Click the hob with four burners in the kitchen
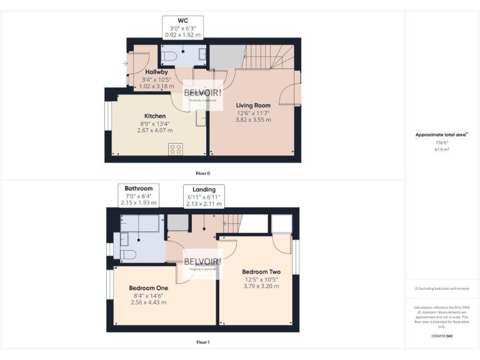click(176, 149)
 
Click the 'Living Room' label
click(253, 105)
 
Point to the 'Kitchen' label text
click(155, 116)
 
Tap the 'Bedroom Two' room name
click(261, 272)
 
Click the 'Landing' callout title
click(204, 189)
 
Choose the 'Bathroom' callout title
click(138, 188)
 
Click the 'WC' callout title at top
click(183, 21)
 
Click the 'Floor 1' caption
click(202, 342)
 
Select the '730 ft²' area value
click(442, 142)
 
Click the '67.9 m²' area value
click(442, 150)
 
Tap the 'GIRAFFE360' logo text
click(442, 336)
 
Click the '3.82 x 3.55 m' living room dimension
click(253, 119)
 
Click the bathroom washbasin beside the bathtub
click(124, 238)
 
